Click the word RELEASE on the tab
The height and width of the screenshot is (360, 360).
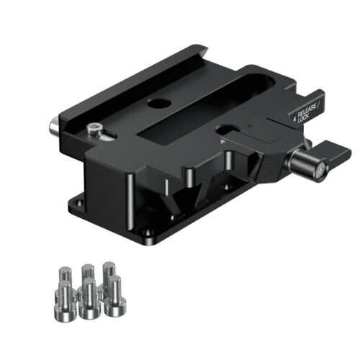coord(307,111)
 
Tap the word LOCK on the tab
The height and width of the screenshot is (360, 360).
coord(303,119)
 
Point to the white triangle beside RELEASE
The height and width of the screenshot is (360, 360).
coord(294,118)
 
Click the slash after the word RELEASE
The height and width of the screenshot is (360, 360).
coord(318,105)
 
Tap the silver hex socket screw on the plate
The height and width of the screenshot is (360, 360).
coord(94,130)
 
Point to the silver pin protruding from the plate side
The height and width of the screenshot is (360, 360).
coord(53,126)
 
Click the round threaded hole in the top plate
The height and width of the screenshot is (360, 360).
coord(159,104)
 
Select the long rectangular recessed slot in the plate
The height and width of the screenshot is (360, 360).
coord(207,107)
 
